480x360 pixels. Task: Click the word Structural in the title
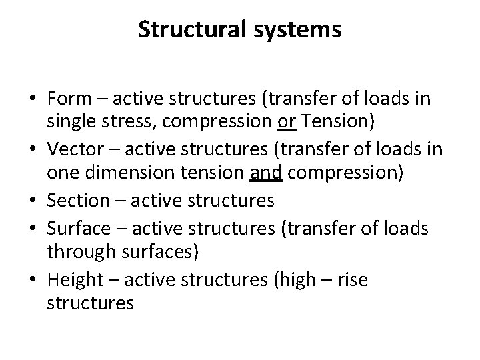coord(189,30)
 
